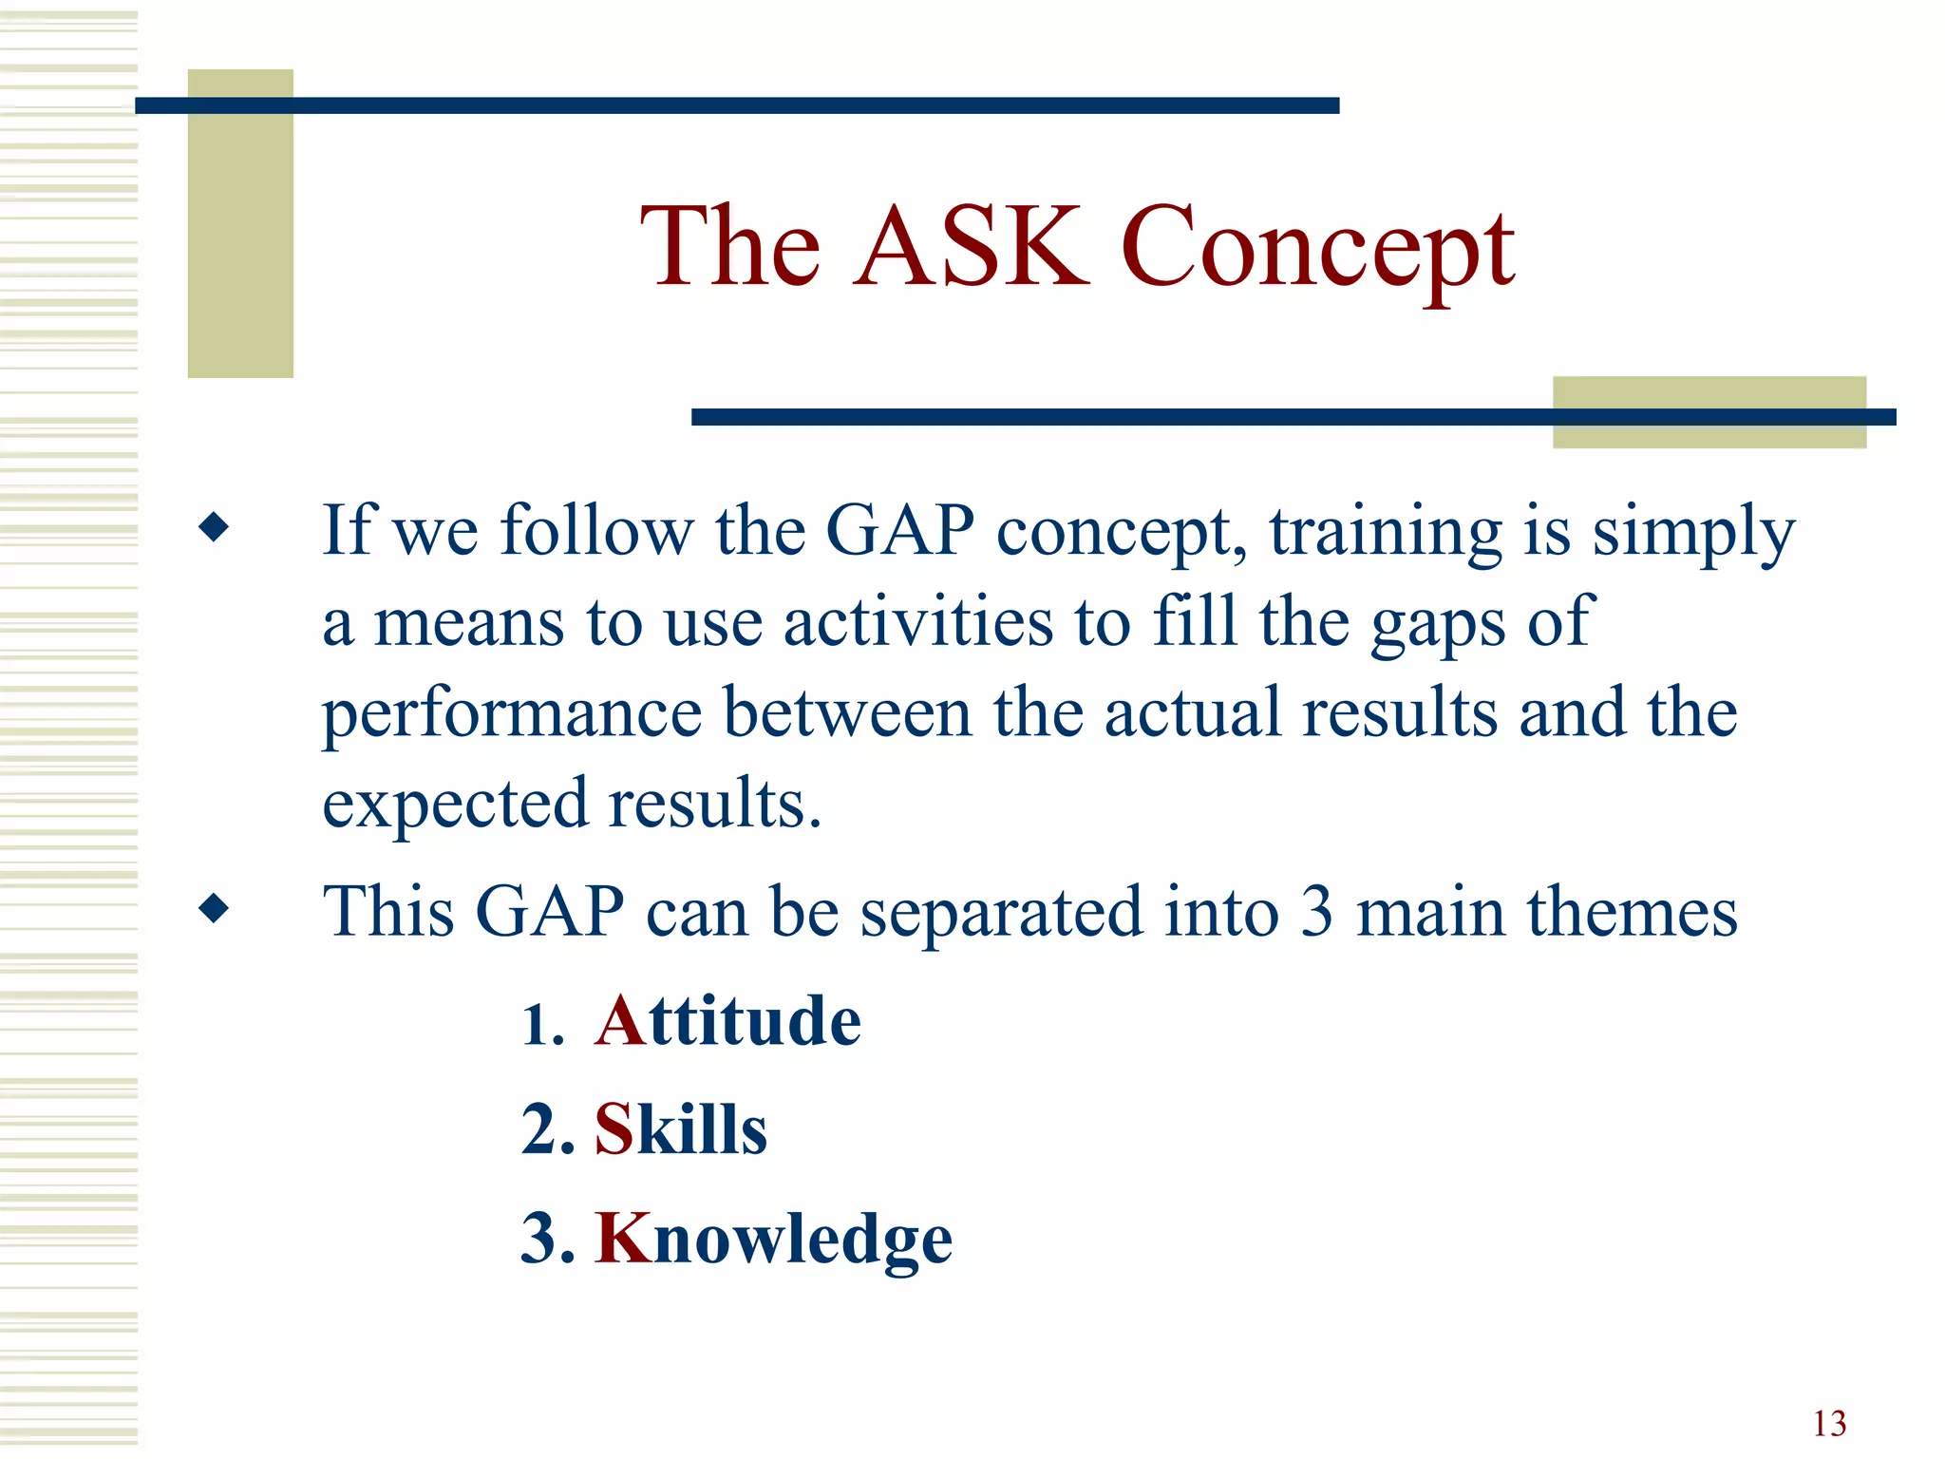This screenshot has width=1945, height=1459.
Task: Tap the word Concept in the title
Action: (1317, 249)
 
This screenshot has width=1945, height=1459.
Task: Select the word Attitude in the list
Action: (727, 1021)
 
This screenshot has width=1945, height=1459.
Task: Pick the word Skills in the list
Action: (680, 1129)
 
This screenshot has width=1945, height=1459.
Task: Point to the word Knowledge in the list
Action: (773, 1240)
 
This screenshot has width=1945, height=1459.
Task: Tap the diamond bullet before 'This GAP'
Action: (215, 908)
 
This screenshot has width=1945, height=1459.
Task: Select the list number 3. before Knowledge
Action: (548, 1239)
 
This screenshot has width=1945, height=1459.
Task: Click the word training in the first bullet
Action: (1386, 532)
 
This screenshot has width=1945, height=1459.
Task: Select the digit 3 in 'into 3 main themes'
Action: (1316, 912)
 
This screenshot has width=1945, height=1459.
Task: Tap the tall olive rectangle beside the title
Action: (240, 223)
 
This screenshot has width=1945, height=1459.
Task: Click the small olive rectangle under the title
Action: (1709, 411)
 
